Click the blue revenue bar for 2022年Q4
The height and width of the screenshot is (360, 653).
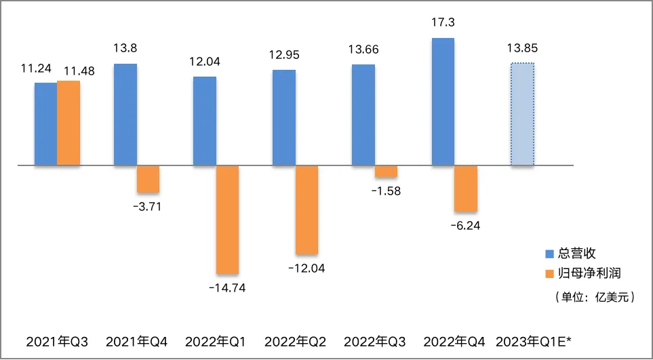443,102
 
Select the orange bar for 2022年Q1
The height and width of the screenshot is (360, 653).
227,220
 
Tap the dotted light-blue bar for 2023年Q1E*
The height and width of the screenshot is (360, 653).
522,115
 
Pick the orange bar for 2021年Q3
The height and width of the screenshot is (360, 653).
68,123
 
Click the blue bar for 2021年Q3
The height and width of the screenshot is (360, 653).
46,124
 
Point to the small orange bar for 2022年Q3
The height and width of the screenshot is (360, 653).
386,172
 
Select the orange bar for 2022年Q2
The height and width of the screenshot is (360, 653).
306,209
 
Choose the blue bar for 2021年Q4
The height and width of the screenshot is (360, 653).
125,115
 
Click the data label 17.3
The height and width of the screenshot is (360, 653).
443,22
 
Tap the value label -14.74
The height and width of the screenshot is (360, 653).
227,288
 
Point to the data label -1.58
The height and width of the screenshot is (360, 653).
386,192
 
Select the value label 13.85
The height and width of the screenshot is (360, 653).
522,48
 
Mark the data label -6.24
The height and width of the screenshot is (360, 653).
466,226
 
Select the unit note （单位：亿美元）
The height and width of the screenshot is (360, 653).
594,297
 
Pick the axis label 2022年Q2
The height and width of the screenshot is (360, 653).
295,342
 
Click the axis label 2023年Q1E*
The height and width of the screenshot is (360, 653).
534,342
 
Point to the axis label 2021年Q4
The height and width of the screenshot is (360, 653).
137,342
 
